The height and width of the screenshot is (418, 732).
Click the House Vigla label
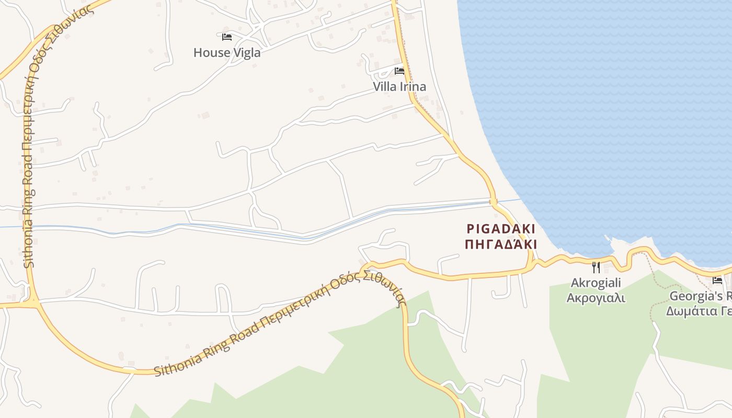point(227,53)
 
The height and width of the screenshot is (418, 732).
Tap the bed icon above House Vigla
point(227,37)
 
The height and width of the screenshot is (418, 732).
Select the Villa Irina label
point(399,87)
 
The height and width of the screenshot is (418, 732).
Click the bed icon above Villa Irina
point(399,71)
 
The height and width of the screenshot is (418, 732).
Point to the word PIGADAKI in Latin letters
point(501,229)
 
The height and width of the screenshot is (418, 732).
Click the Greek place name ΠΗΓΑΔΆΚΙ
point(501,244)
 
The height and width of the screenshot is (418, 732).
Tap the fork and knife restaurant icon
point(596,268)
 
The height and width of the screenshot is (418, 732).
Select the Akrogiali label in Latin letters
point(596,283)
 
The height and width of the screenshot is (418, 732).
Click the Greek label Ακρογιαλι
point(596,298)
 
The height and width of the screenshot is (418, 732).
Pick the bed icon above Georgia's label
point(717,281)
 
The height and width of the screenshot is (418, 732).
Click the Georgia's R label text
point(701,296)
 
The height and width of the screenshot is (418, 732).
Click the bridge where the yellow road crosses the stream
point(493,202)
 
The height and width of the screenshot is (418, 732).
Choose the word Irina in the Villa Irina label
point(413,87)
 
